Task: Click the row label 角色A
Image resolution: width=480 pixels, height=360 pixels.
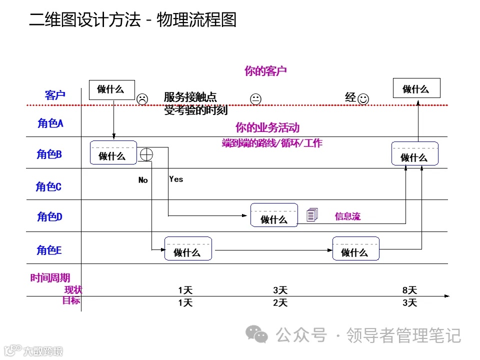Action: tap(50, 123)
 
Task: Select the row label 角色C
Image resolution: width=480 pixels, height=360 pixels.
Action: tap(48, 186)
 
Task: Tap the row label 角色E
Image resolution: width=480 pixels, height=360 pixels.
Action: tap(49, 250)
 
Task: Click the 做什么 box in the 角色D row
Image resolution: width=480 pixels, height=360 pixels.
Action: tap(274, 215)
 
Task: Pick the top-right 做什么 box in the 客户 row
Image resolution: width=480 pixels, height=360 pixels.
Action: tap(416, 88)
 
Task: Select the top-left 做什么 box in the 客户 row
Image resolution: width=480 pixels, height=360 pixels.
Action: tap(110, 89)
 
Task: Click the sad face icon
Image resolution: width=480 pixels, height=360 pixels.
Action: tap(142, 99)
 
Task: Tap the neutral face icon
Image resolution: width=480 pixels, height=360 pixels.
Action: tap(255, 99)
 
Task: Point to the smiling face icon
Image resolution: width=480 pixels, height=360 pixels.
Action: tap(363, 99)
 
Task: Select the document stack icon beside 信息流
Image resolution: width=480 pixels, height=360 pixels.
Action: tap(312, 215)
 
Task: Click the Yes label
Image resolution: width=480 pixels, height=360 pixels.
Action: tap(176, 179)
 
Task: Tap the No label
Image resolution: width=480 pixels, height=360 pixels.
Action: tap(143, 180)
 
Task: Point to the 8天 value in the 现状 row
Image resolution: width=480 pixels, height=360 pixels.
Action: tap(409, 290)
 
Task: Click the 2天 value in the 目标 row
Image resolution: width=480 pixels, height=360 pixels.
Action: tap(280, 302)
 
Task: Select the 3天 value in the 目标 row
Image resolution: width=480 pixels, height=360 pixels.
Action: tap(409, 302)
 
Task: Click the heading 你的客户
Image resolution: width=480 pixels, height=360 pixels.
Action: tap(265, 71)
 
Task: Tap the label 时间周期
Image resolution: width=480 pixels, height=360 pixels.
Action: tap(50, 278)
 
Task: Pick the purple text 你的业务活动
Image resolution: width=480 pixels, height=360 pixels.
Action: tap(267, 127)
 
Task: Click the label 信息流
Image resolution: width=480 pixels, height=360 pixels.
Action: tap(347, 216)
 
